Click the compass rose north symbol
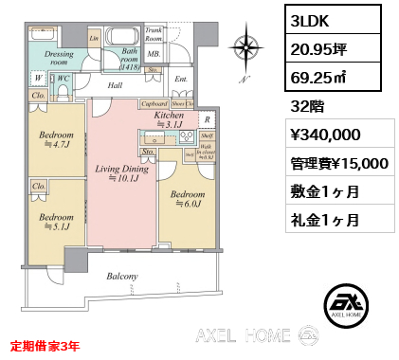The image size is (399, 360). pyautogui.click(x=247, y=47)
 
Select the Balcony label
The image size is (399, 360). pyautogui.click(x=122, y=277)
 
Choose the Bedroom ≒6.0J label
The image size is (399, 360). pyautogui.click(x=185, y=199)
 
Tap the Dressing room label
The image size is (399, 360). pyautogui.click(x=59, y=59)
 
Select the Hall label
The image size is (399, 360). pyautogui.click(x=116, y=85)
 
